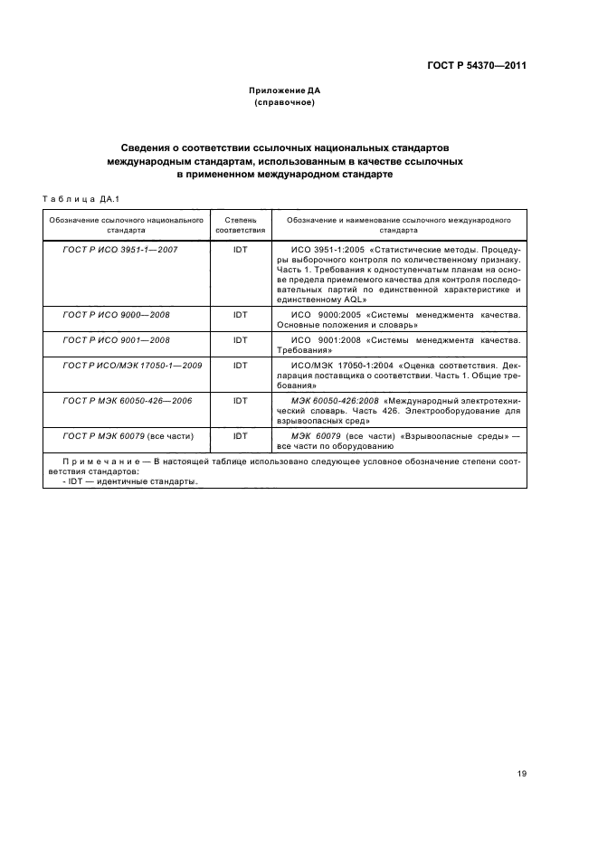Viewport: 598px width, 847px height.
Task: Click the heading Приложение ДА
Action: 285,91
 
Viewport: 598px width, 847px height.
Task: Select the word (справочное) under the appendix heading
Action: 285,103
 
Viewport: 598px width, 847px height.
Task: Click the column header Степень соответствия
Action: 240,224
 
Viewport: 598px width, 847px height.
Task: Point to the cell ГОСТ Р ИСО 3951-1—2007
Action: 119,248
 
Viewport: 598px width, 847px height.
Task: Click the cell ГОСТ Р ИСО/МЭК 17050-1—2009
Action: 122,366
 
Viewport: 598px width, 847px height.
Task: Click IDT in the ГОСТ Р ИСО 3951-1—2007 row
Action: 240,248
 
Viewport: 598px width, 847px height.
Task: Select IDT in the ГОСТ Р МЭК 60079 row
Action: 240,435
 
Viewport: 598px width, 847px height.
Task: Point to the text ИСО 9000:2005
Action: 327,314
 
